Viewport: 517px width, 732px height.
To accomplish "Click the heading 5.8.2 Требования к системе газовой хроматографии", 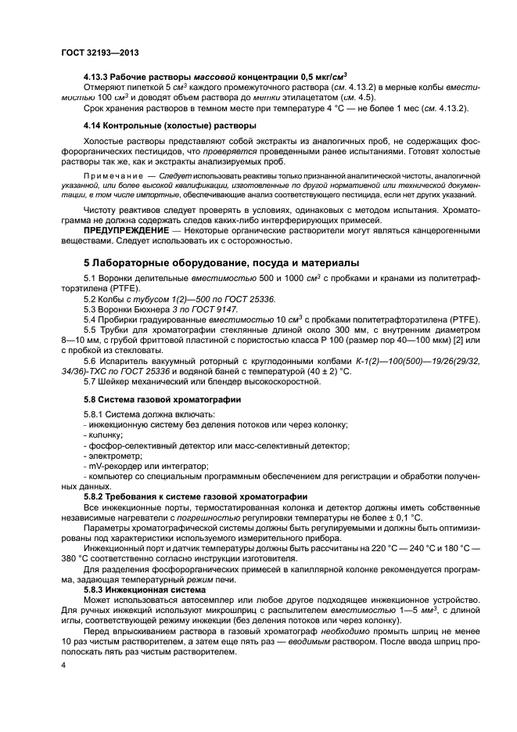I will tap(195, 496).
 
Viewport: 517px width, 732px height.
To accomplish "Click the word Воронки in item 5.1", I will tap(119, 279).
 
